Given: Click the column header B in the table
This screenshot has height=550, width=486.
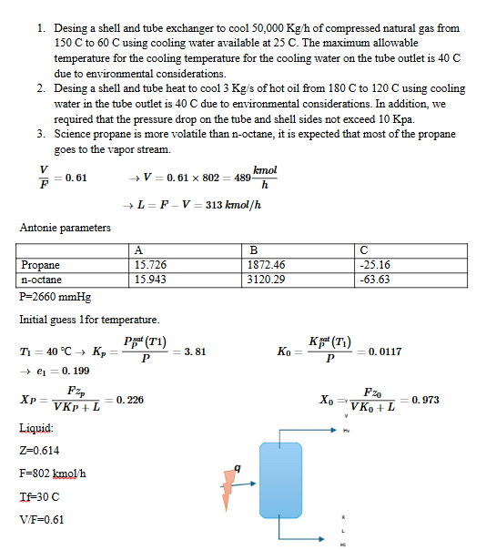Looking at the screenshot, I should coord(253,250).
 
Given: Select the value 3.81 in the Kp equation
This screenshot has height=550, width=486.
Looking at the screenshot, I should coord(195,351).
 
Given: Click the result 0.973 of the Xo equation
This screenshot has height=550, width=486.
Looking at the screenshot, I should coord(424,400).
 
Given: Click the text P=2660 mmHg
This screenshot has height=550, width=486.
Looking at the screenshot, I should coord(55,297).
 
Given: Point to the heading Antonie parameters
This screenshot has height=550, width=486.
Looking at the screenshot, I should coord(66,228).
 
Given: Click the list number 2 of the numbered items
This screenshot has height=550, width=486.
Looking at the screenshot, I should coord(41,88).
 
